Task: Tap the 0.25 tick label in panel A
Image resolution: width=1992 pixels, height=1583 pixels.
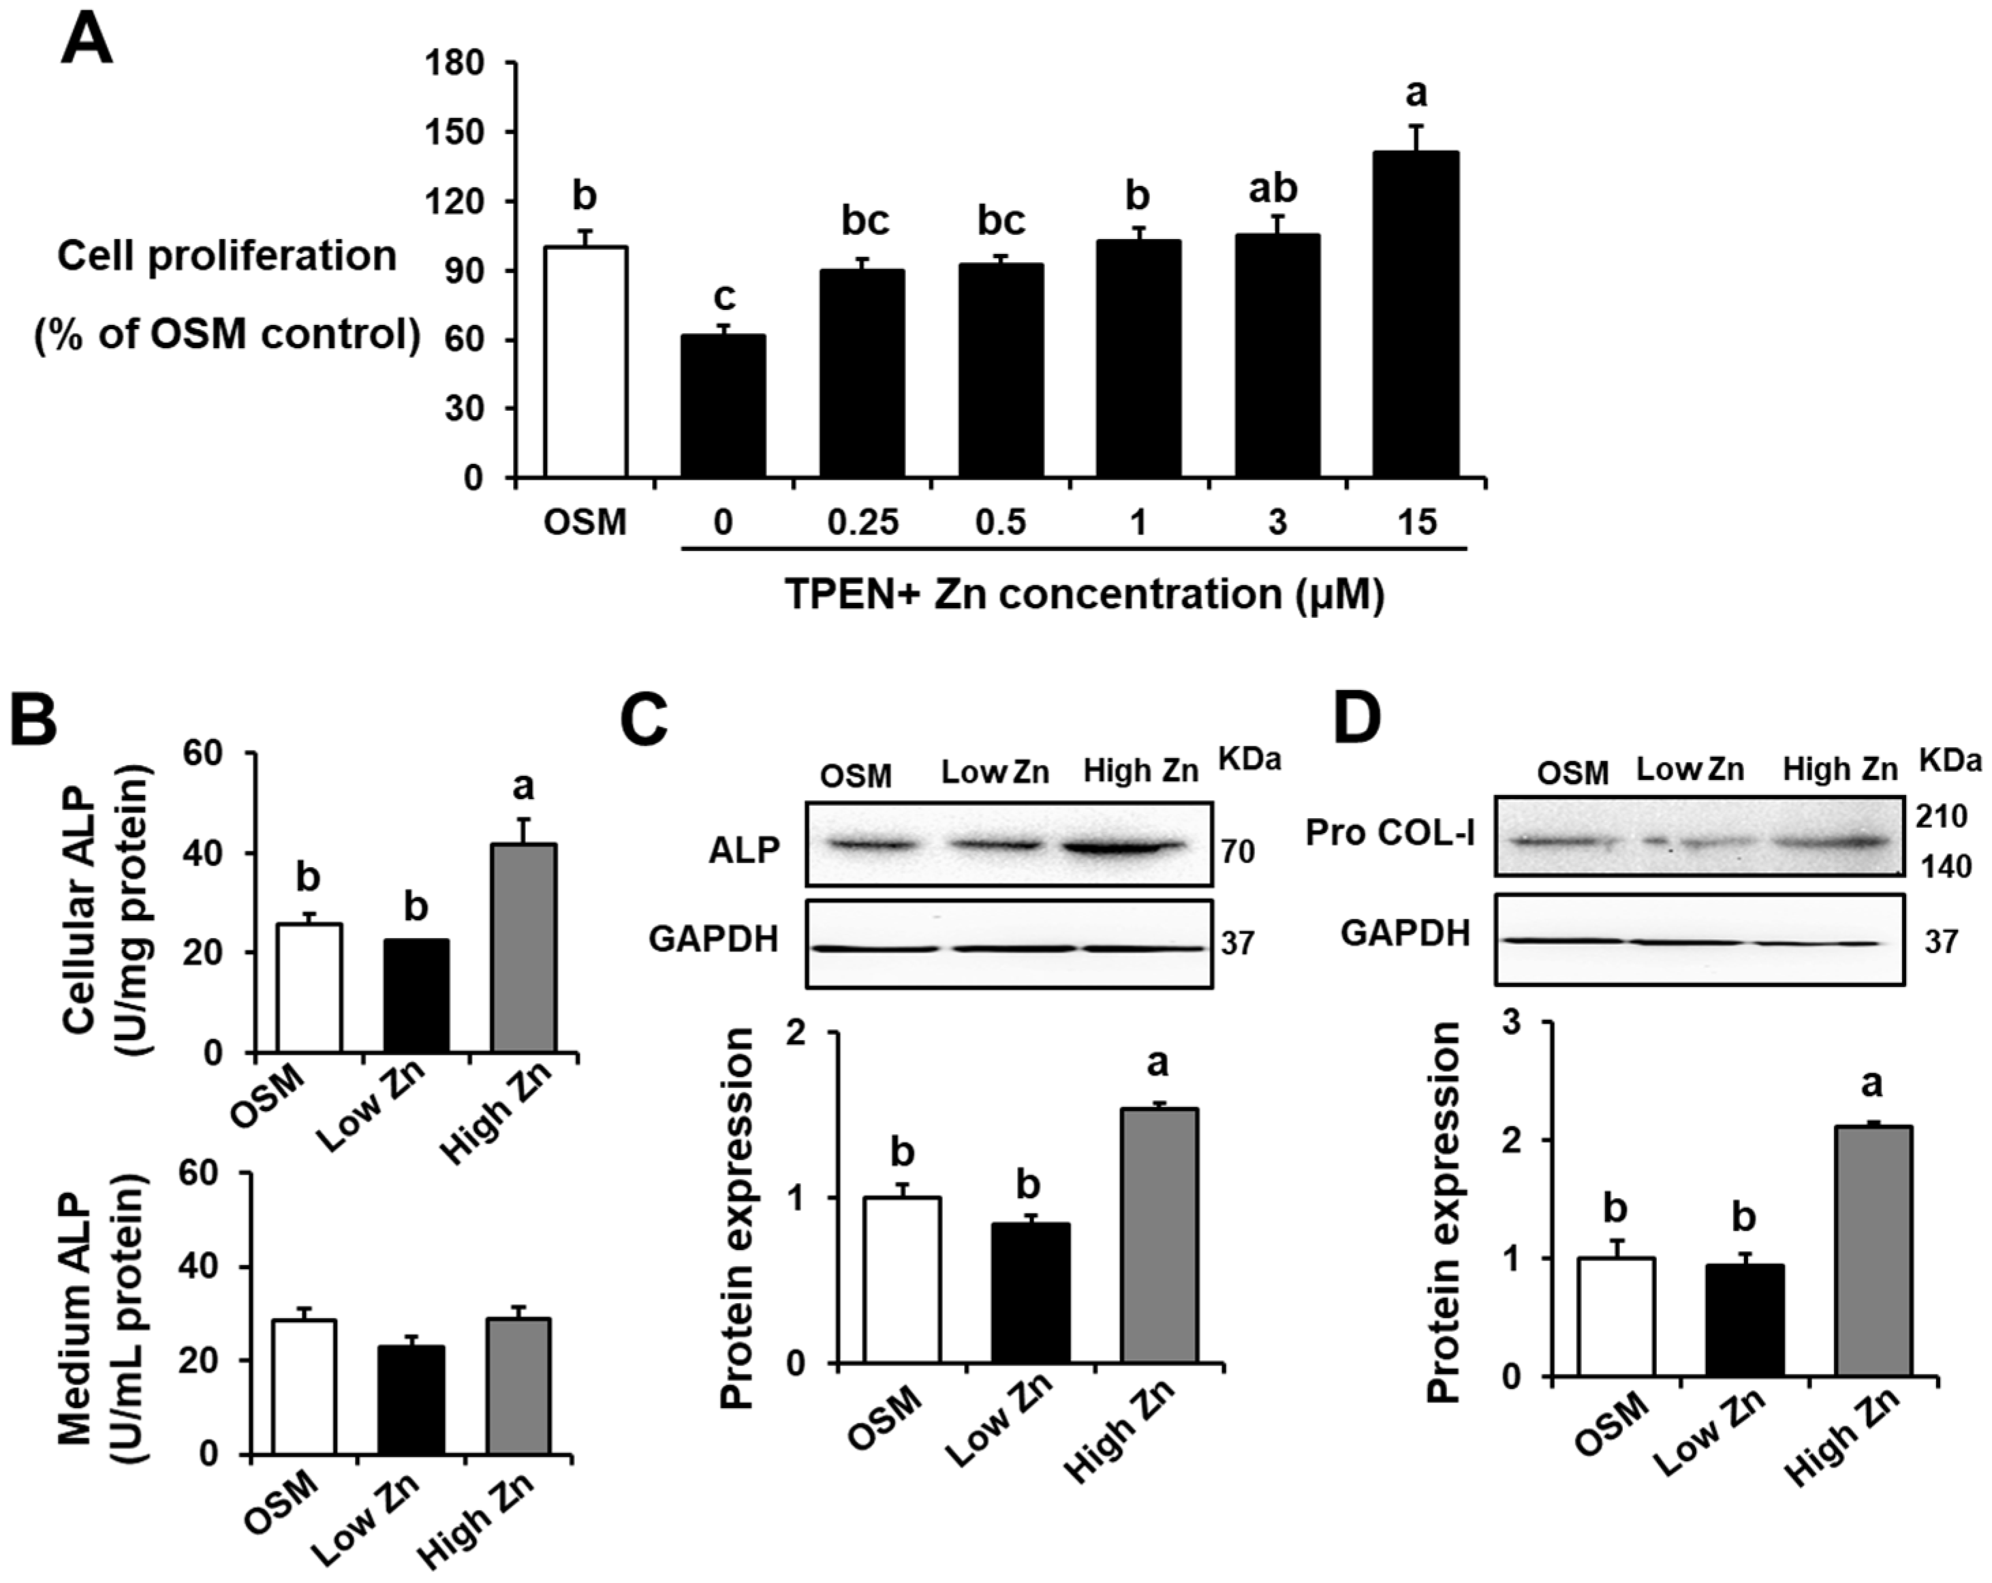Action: pyautogui.click(x=862, y=522)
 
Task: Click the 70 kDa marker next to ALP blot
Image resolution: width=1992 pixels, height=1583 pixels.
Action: pyautogui.click(x=1238, y=851)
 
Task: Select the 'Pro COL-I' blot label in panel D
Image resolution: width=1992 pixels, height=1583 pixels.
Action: pyautogui.click(x=1390, y=833)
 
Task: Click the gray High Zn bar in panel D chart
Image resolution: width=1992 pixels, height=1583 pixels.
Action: pyautogui.click(x=1873, y=1251)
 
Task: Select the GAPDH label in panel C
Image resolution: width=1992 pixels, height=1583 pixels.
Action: pyautogui.click(x=713, y=939)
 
